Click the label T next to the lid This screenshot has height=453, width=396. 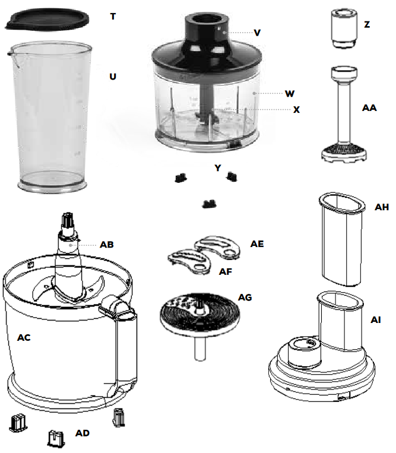tap(113, 16)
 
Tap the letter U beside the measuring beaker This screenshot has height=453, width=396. tap(112, 77)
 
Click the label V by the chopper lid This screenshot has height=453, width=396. tap(257, 33)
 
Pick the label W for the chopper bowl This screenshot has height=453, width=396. tap(289, 93)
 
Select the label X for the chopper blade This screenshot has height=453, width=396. tap(296, 110)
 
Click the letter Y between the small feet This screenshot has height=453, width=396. tap(217, 168)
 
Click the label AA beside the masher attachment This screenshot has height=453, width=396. tap(369, 108)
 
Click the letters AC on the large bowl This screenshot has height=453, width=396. tap(24, 338)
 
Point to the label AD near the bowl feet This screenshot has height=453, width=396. tap(83, 433)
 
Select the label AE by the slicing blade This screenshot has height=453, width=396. tap(257, 244)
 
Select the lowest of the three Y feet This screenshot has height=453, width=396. tap(208, 204)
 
